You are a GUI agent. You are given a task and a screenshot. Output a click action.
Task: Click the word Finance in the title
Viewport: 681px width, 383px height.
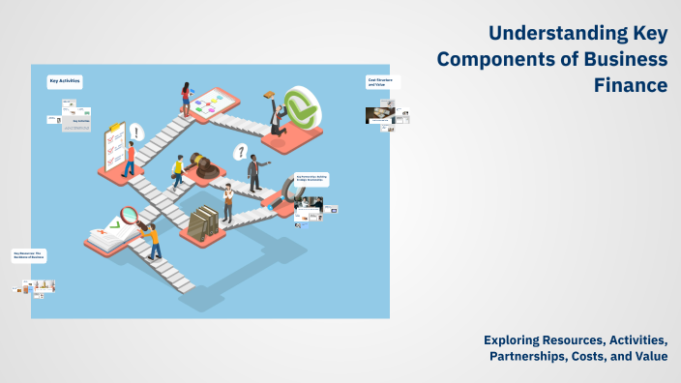630,85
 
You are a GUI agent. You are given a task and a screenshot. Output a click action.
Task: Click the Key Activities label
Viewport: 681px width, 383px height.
65,81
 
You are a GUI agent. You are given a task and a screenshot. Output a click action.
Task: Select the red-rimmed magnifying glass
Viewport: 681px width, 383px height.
131,216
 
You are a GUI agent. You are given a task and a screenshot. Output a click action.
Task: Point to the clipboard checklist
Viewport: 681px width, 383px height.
115,146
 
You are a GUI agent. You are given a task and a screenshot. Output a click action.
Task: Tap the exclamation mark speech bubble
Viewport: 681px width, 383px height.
137,133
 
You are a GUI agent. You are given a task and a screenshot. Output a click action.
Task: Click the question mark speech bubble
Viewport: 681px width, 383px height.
241,152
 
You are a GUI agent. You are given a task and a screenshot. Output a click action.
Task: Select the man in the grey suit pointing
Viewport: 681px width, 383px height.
254,173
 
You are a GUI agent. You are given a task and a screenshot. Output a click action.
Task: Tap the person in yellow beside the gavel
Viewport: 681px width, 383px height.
178,172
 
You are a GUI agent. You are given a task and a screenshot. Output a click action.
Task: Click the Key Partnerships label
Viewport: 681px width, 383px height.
311,179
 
